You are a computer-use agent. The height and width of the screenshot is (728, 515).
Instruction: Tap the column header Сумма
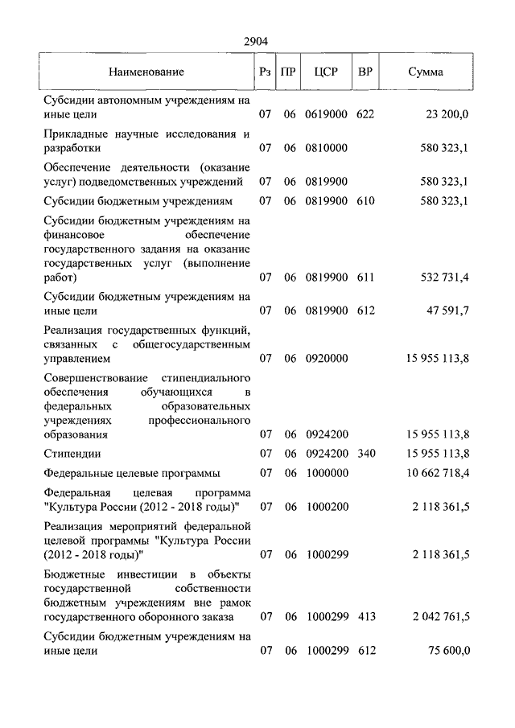tap(425, 72)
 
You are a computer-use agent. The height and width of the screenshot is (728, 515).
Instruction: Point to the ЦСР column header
tap(326, 72)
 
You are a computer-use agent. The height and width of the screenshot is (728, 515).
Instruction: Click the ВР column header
tap(365, 72)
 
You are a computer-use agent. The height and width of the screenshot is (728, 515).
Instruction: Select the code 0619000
tap(326, 115)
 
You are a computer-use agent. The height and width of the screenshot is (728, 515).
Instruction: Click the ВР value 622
tap(365, 115)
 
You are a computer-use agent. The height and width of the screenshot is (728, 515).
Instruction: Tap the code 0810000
tap(326, 149)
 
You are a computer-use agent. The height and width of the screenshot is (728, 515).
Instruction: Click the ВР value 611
tap(365, 278)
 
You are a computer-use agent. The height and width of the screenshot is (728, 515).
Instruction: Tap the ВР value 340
tap(365, 454)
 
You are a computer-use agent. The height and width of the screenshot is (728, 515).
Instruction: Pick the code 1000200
tap(326, 508)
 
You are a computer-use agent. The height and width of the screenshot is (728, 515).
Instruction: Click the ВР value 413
tap(365, 618)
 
